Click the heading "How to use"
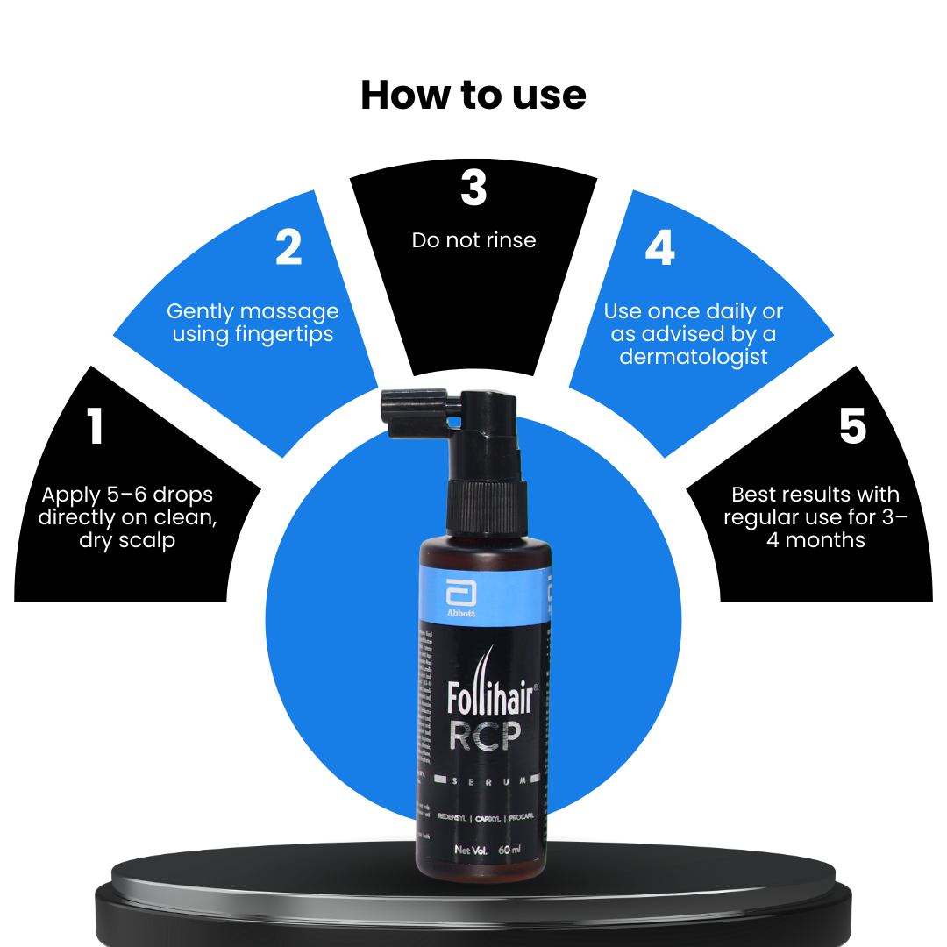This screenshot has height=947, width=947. click(473, 95)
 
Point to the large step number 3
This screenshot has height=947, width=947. click(473, 188)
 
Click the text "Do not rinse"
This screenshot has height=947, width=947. click(473, 240)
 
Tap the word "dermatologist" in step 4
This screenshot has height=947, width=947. click(694, 357)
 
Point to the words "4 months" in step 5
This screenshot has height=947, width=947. click(815, 540)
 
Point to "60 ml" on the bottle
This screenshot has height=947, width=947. click(509, 850)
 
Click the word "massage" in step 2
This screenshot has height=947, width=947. click(294, 311)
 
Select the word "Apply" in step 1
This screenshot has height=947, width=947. click(71, 495)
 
